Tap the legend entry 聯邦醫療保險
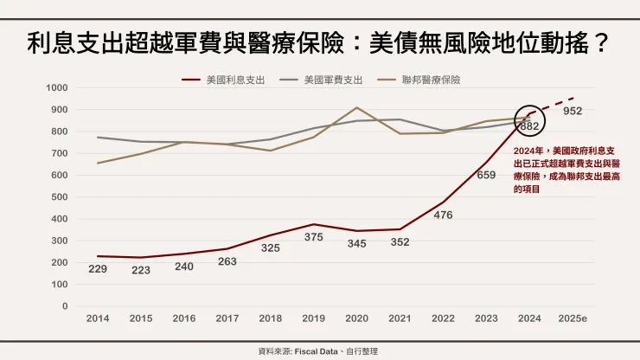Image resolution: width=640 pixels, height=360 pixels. coord(431,80)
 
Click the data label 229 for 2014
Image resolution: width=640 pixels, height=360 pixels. coord(98,269)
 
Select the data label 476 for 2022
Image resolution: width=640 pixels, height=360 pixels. coord(443,215)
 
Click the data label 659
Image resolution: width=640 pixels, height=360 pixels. coord(486,174)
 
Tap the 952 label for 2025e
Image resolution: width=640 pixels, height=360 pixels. coord(573,112)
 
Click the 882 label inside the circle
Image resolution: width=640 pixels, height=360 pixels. coord(530,126)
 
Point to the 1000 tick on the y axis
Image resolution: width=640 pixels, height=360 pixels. coord(57,88)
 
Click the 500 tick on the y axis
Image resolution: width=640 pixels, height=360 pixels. coord(60,197)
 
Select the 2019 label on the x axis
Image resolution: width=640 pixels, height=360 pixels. coord(313,318)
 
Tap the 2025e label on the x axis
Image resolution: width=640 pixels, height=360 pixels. coord(573,318)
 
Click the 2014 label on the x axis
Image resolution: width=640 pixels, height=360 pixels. coord(98,318)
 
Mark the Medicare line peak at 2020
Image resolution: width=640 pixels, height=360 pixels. coord(356,108)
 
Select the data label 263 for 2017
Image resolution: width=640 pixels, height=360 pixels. coord(227,261)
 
